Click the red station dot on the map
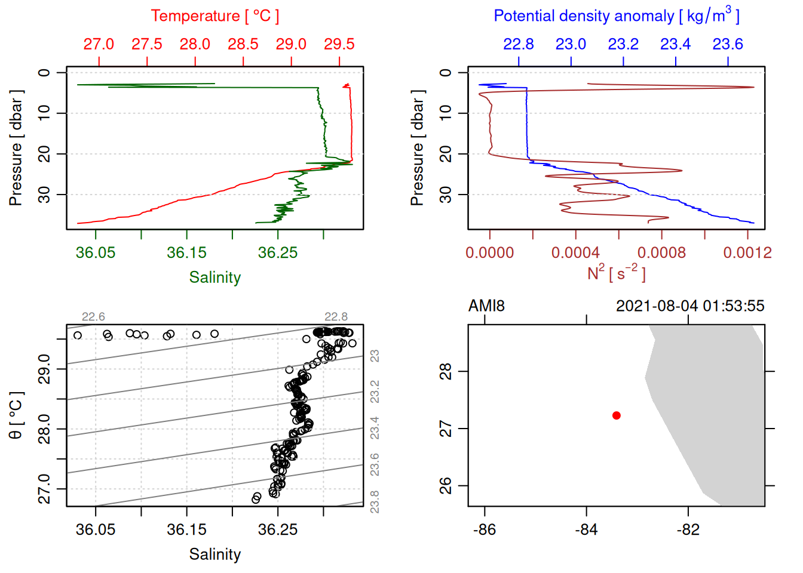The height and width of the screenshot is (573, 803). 616,415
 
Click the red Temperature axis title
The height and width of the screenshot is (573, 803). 214,16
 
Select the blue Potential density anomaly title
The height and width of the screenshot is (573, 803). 616,16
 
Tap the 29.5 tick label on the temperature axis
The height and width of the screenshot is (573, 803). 339,44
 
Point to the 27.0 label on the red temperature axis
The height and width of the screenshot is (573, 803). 99,44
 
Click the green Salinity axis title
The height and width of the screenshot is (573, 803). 214,278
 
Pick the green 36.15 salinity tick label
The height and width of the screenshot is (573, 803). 186,252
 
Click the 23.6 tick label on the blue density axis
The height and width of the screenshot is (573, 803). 728,44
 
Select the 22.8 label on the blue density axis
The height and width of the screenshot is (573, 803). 518,44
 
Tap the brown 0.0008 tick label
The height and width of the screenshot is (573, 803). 661,252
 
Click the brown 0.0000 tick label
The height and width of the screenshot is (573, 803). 489,252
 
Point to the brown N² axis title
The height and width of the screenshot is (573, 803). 616,273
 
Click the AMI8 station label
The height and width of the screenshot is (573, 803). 486,306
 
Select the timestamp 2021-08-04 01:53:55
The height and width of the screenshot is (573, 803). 690,306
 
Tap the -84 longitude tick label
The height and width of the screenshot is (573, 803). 586,529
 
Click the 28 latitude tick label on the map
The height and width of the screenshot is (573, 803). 446,371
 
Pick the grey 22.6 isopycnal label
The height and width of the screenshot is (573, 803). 93,317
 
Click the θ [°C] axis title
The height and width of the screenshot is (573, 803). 16,415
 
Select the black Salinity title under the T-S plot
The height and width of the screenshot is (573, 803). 214,554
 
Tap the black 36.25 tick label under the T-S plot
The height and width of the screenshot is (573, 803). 278,529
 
